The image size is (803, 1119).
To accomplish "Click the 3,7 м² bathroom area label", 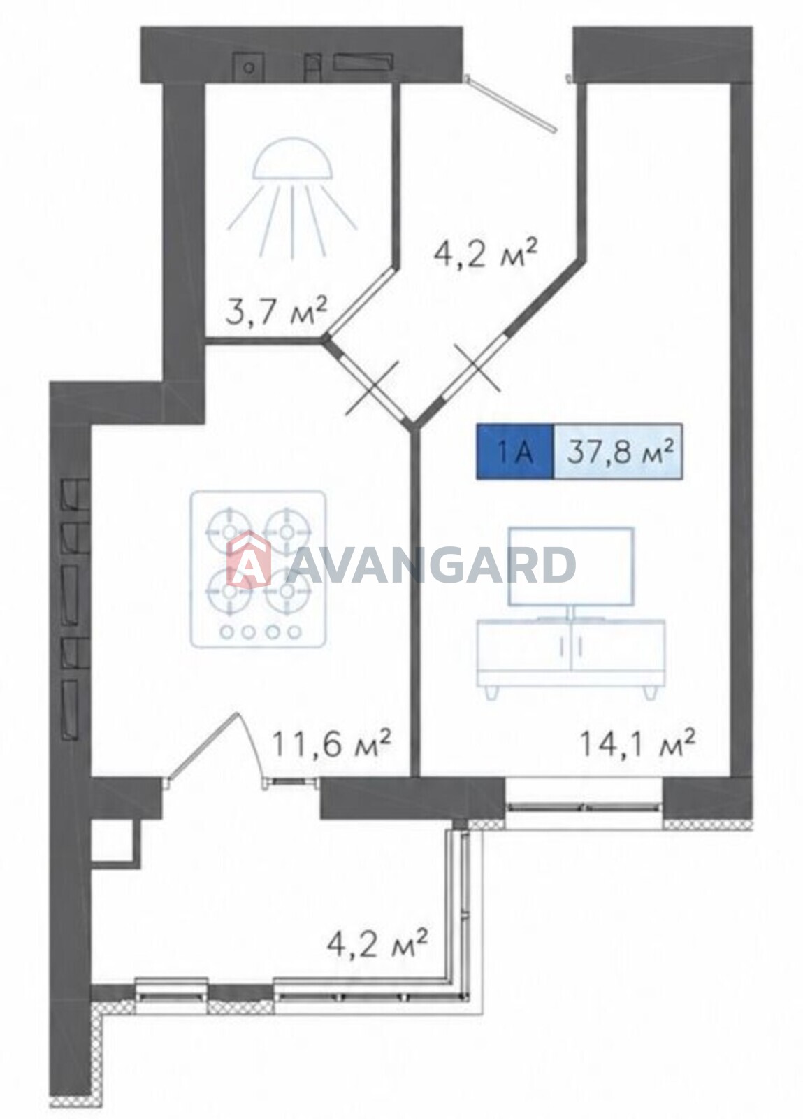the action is (x=276, y=311).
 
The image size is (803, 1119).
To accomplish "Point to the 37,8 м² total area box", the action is (x=618, y=452).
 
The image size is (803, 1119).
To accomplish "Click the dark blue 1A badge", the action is (x=515, y=452).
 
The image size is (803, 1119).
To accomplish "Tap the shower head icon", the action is (x=292, y=197).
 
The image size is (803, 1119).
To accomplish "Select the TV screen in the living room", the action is (x=572, y=567).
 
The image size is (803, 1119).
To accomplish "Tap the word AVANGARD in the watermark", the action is (x=432, y=564).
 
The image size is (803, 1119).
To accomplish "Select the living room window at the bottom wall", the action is (x=584, y=805).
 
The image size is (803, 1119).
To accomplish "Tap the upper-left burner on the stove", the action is (x=229, y=532).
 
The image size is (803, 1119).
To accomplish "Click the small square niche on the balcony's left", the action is (x=113, y=841).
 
